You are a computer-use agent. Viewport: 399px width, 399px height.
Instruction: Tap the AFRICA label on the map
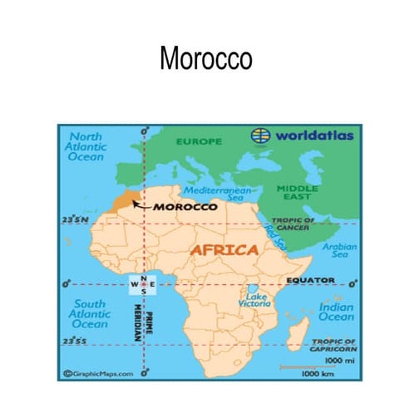[224, 249]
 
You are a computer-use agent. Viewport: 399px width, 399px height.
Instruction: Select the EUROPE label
[199, 141]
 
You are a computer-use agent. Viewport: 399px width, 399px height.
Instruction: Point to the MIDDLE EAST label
[297, 192]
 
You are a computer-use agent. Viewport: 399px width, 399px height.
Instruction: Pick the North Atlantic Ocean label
[86, 146]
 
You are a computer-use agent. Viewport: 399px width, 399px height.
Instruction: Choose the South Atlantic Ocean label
[89, 313]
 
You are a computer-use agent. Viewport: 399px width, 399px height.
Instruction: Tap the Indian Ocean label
[336, 312]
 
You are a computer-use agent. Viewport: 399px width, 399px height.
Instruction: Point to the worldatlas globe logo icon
[261, 135]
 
